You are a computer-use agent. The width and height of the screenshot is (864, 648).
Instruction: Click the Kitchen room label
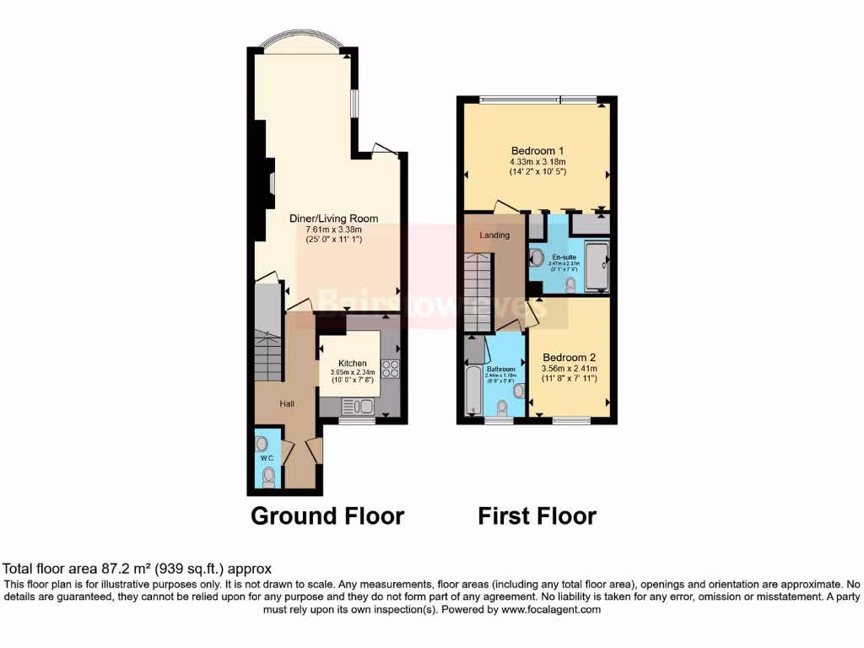click(x=353, y=363)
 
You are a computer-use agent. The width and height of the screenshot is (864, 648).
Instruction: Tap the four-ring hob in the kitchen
click(x=391, y=368)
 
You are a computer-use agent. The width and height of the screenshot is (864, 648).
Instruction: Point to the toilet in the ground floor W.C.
click(x=268, y=478)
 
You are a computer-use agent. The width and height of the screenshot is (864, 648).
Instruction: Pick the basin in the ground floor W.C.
click(x=262, y=443)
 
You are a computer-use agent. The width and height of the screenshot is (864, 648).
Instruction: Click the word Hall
click(x=288, y=404)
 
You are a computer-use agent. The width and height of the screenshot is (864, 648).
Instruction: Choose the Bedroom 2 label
click(x=570, y=357)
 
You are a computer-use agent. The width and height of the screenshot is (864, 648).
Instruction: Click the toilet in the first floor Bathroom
click(x=503, y=408)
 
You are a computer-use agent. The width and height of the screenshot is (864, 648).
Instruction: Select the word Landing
click(x=494, y=235)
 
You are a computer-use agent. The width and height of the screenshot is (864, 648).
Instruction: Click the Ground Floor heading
click(x=327, y=516)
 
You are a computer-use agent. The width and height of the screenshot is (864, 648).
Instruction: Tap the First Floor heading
click(x=537, y=516)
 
